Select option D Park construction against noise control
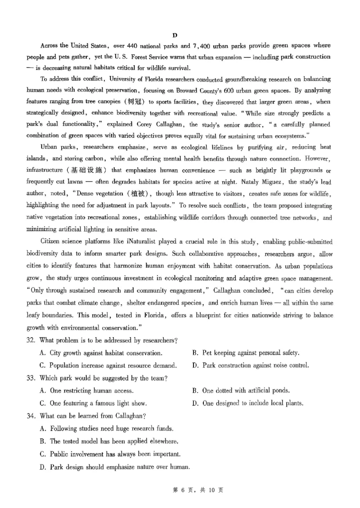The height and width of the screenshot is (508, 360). tap(250, 365)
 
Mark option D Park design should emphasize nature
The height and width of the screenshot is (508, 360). tap(114, 467)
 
